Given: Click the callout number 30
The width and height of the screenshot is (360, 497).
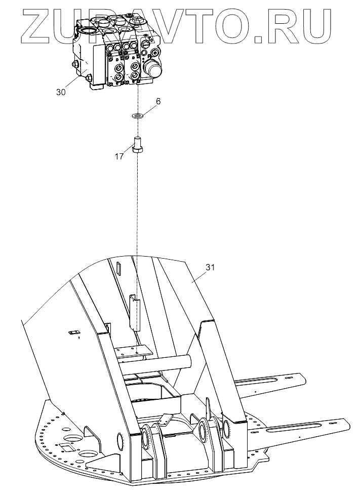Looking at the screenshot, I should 61,92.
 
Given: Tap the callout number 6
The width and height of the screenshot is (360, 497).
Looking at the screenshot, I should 158,102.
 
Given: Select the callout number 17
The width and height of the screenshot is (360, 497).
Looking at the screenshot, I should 119,157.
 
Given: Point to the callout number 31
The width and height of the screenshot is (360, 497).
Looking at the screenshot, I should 210,268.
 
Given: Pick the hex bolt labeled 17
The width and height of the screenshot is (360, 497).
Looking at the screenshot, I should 137,144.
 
